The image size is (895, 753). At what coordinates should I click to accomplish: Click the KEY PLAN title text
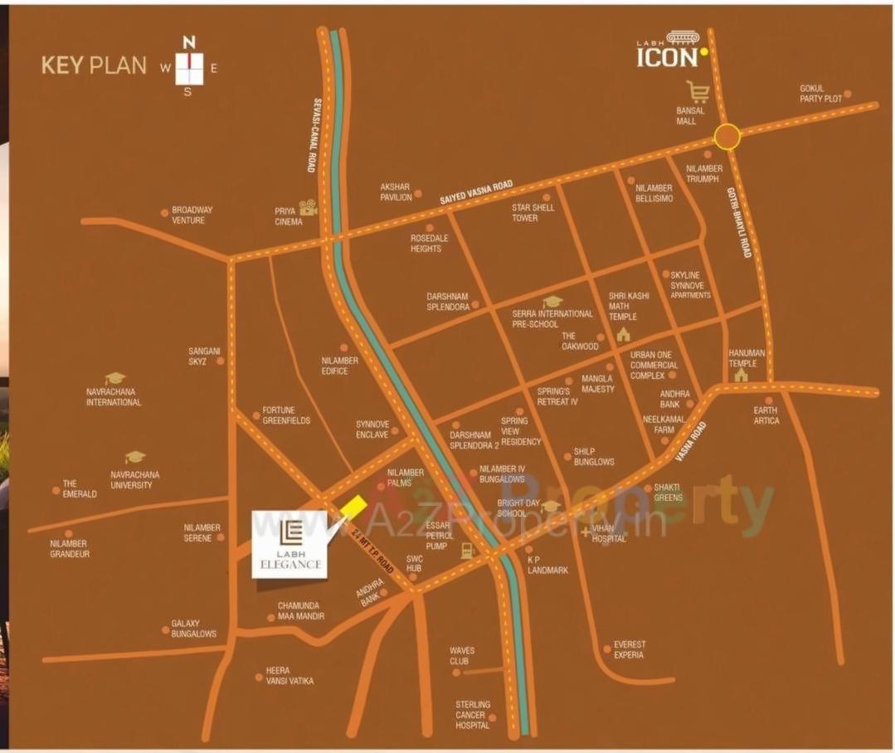click(94, 66)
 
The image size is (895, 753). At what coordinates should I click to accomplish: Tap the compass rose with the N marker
click(189, 66)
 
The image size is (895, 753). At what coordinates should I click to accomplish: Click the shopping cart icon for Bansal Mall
click(698, 91)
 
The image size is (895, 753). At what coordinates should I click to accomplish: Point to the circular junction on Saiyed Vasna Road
click(727, 137)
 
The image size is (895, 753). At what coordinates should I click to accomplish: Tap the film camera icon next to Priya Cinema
click(309, 207)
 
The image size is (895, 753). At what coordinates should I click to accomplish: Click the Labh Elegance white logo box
click(290, 544)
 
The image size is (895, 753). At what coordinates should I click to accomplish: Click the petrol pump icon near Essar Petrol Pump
click(468, 551)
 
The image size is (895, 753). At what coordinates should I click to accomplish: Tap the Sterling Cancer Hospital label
click(472, 715)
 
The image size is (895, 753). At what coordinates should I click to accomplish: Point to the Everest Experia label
click(630, 649)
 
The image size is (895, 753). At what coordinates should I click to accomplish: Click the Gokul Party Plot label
click(820, 94)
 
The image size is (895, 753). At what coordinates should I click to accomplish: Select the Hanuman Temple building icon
click(741, 375)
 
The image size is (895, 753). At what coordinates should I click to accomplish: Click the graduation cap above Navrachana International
click(114, 378)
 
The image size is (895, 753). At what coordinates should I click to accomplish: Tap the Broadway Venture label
click(192, 215)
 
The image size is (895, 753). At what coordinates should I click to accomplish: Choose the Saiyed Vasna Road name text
click(475, 193)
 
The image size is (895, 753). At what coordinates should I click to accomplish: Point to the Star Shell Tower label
click(533, 212)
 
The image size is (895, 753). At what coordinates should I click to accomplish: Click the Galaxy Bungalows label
click(193, 629)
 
